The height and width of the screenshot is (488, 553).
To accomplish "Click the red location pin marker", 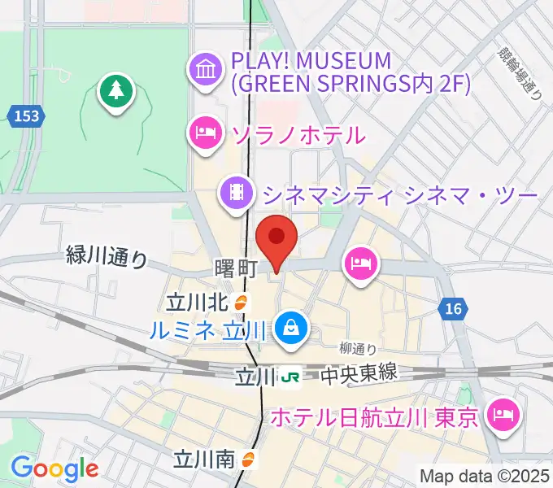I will click(276, 238).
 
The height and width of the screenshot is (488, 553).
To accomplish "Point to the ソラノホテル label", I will click(298, 133).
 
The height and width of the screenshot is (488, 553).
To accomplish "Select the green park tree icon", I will click(116, 90).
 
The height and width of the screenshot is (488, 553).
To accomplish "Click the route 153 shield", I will click(27, 116).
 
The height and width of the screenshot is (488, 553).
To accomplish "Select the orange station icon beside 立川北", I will click(241, 303).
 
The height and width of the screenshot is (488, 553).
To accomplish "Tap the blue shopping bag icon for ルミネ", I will click(289, 328).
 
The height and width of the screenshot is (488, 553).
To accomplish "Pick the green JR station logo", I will click(290, 377).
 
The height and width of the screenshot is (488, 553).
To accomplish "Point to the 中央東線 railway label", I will click(358, 374).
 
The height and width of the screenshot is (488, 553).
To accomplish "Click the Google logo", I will click(54, 468).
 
